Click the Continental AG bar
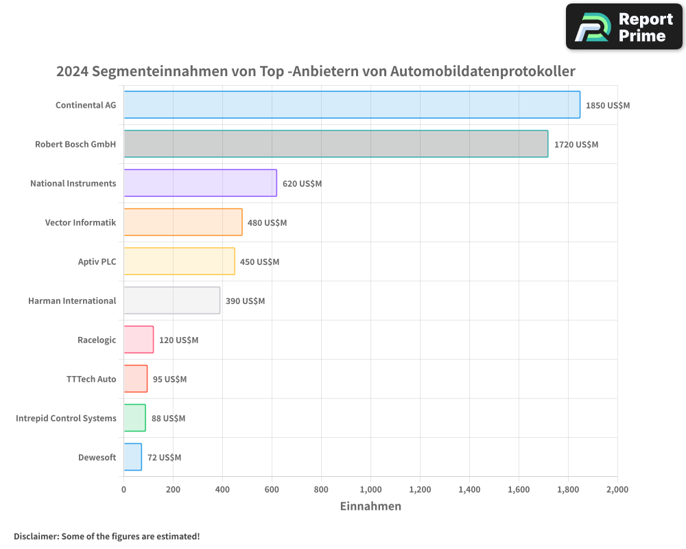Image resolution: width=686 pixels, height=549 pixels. [x=351, y=105]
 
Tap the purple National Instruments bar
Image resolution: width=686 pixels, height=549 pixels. [x=200, y=183]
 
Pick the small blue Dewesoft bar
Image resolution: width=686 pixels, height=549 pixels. [x=132, y=457]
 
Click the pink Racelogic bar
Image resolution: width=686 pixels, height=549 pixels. [x=138, y=340]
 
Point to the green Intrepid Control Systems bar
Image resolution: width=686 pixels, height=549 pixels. [x=134, y=418]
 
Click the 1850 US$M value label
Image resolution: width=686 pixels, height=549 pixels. [x=607, y=106]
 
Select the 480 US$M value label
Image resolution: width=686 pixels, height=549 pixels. [x=267, y=223]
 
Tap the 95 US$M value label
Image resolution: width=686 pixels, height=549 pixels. [x=169, y=379]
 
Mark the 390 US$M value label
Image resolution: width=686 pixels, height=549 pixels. [x=245, y=301]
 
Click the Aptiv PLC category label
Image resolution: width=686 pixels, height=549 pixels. [x=97, y=261]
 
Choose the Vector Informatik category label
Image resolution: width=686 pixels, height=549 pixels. [x=80, y=222]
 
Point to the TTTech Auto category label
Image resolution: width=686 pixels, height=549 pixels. [x=91, y=379]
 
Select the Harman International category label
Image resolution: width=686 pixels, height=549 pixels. [x=72, y=301]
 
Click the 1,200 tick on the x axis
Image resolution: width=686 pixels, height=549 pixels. [x=420, y=489]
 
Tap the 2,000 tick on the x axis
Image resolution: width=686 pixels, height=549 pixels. [x=617, y=489]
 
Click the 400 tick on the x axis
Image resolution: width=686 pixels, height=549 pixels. [x=222, y=489]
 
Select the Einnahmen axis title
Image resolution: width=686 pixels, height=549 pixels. [x=370, y=506]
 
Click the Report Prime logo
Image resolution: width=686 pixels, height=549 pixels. [x=624, y=27]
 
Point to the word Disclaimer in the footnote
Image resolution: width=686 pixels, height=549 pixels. [x=35, y=537]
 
